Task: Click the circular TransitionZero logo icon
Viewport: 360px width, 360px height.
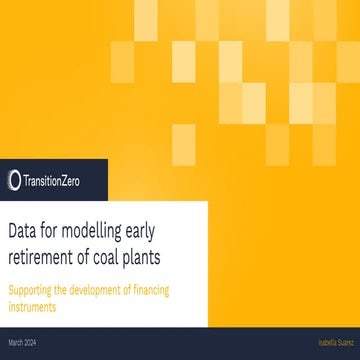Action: point(14,180)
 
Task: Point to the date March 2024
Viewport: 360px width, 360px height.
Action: point(23,343)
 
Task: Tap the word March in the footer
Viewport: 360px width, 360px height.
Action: point(16,343)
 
